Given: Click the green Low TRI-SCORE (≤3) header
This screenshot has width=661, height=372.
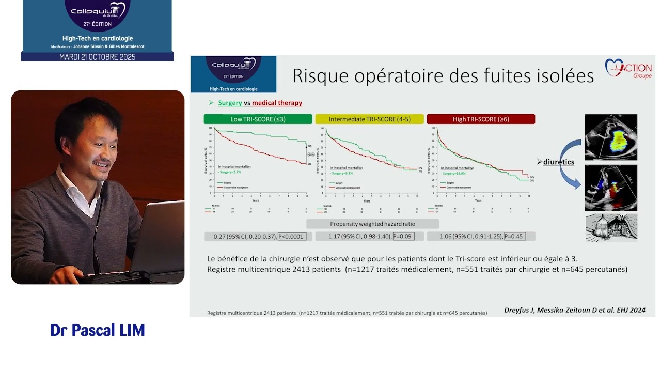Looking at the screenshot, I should [258, 119].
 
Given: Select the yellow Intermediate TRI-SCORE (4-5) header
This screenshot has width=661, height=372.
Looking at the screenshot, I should [369, 119].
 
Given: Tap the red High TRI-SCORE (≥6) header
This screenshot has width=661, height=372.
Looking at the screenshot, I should [481, 119].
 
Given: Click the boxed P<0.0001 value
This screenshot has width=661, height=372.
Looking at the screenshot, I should [292, 237].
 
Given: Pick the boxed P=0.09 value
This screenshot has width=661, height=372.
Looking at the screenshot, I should [403, 237].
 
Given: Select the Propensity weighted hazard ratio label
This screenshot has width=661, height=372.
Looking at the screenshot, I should [372, 224].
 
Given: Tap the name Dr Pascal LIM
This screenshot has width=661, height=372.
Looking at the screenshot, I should [97, 330].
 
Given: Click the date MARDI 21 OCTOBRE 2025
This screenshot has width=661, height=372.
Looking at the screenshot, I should [97, 57].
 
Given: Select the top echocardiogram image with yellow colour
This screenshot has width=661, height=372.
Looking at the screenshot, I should [610, 137].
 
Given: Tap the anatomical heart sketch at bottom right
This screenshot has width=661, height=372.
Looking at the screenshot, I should [611, 227].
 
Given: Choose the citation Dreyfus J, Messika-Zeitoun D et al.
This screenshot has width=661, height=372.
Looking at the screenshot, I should [574, 311].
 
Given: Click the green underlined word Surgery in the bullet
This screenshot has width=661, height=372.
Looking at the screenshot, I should [230, 103].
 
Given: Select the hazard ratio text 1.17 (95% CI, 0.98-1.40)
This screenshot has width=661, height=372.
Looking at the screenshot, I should [359, 237].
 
